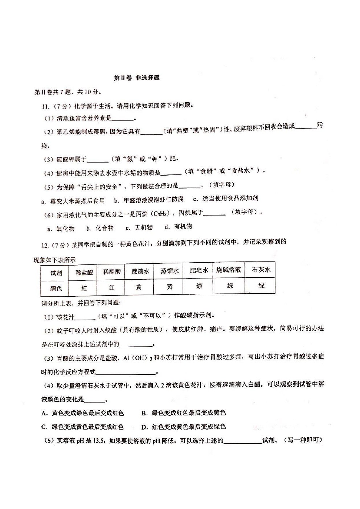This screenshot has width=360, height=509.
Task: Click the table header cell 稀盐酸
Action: [x=84, y=272]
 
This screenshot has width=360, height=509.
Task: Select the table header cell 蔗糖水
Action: [x=140, y=272]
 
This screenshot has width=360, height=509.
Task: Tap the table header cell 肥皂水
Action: [x=199, y=271]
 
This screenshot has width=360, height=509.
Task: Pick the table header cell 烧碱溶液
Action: [x=229, y=270]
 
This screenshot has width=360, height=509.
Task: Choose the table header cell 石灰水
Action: [x=261, y=270]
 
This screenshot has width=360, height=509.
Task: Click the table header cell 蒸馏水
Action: [x=169, y=271]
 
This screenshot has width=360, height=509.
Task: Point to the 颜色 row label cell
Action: [x=56, y=289]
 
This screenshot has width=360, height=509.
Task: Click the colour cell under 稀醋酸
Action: [x=112, y=288]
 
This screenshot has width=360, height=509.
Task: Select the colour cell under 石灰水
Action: [x=261, y=286]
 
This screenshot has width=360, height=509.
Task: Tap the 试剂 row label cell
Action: [x=56, y=273]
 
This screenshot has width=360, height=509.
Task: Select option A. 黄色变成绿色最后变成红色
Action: [x=83, y=413]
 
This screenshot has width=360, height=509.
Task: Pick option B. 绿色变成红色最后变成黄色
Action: [x=184, y=413]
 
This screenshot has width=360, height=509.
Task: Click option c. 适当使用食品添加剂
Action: [x=225, y=198]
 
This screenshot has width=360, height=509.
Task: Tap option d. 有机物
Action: [x=178, y=227]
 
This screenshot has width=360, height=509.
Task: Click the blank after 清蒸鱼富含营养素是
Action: [x=123, y=119]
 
